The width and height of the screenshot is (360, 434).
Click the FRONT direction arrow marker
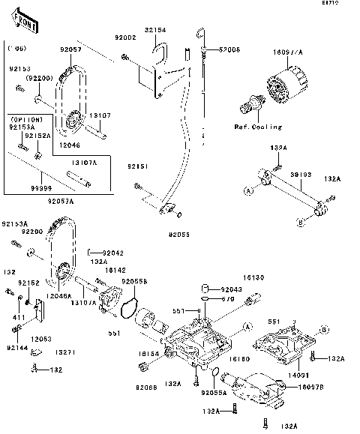22,22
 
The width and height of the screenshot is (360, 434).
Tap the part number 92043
232,289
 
